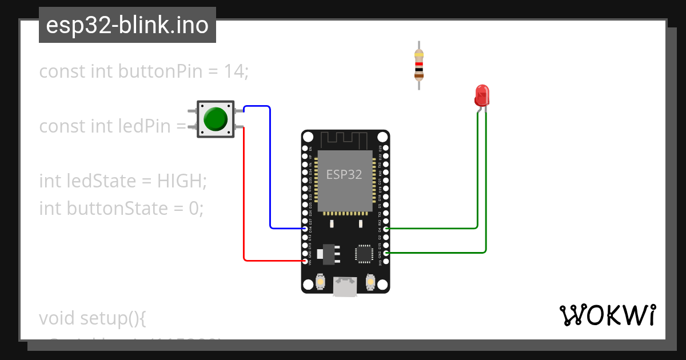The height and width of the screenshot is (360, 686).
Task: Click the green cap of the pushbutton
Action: (216, 119)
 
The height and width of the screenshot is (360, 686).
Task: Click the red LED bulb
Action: (482, 95)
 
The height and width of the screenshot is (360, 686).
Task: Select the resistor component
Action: (419, 65)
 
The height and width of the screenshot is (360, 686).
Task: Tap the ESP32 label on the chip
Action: (344, 175)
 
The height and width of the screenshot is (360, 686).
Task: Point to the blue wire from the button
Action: (270, 171)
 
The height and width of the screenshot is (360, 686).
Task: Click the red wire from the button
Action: (244, 200)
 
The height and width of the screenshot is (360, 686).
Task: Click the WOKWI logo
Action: (607, 315)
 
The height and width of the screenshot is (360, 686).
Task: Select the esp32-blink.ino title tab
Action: (127, 26)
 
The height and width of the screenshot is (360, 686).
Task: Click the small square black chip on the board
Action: (364, 253)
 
